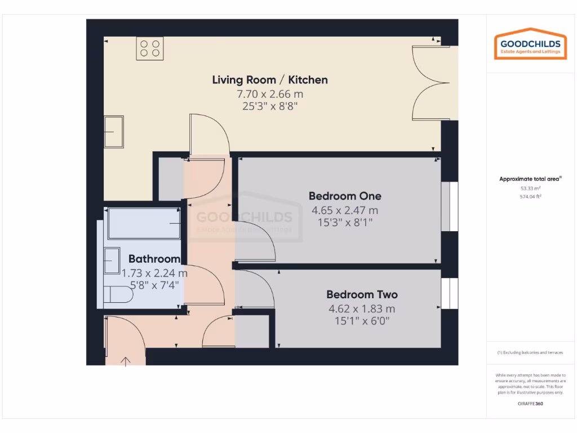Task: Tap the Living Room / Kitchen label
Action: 269,79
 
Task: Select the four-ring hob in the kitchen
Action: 149,48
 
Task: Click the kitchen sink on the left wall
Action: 114,132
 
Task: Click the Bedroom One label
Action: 345,196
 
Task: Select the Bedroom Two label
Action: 362,294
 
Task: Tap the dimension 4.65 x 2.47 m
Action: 345,210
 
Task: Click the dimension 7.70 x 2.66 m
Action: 269,94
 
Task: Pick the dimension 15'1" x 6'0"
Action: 362,321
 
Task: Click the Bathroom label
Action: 154,259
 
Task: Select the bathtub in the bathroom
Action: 144,223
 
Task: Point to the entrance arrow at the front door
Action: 125,360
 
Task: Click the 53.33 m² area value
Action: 530,188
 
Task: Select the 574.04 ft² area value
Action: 530,197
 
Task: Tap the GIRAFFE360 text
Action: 530,404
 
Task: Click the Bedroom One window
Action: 445,206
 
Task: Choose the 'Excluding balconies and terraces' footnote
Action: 530,353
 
